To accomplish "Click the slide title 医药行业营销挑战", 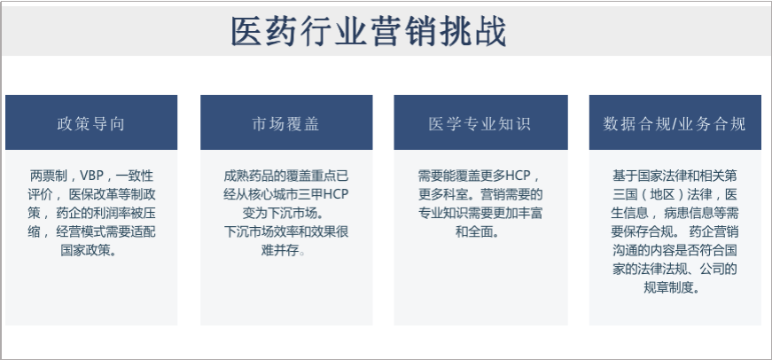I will pyautogui.click(x=369, y=32).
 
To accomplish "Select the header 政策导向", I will pyautogui.click(x=91, y=124).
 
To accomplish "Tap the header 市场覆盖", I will pyautogui.click(x=285, y=124).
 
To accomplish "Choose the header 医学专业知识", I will pyautogui.click(x=480, y=124).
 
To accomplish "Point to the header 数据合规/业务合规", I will pyautogui.click(x=675, y=124).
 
